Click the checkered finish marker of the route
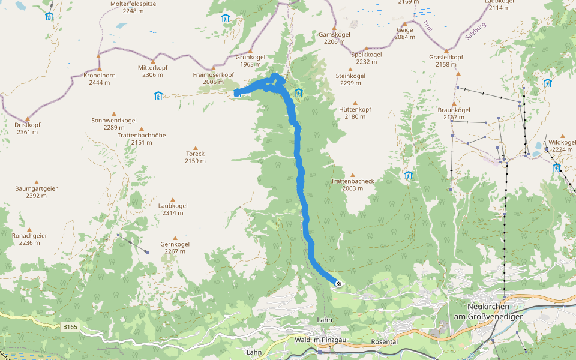pyautogui.click(x=339, y=283)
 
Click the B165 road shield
pyautogui.click(x=70, y=327)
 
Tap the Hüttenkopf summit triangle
pyautogui.click(x=355, y=103)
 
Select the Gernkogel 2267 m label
pyautogui.click(x=175, y=248)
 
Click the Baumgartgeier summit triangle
pyautogui.click(x=36, y=182)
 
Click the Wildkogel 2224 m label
pyautogui.click(x=562, y=146)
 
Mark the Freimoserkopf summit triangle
pyautogui.click(x=213, y=68)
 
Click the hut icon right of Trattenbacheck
pyautogui.click(x=409, y=175)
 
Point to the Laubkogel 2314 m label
pyautogui.click(x=173, y=209)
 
